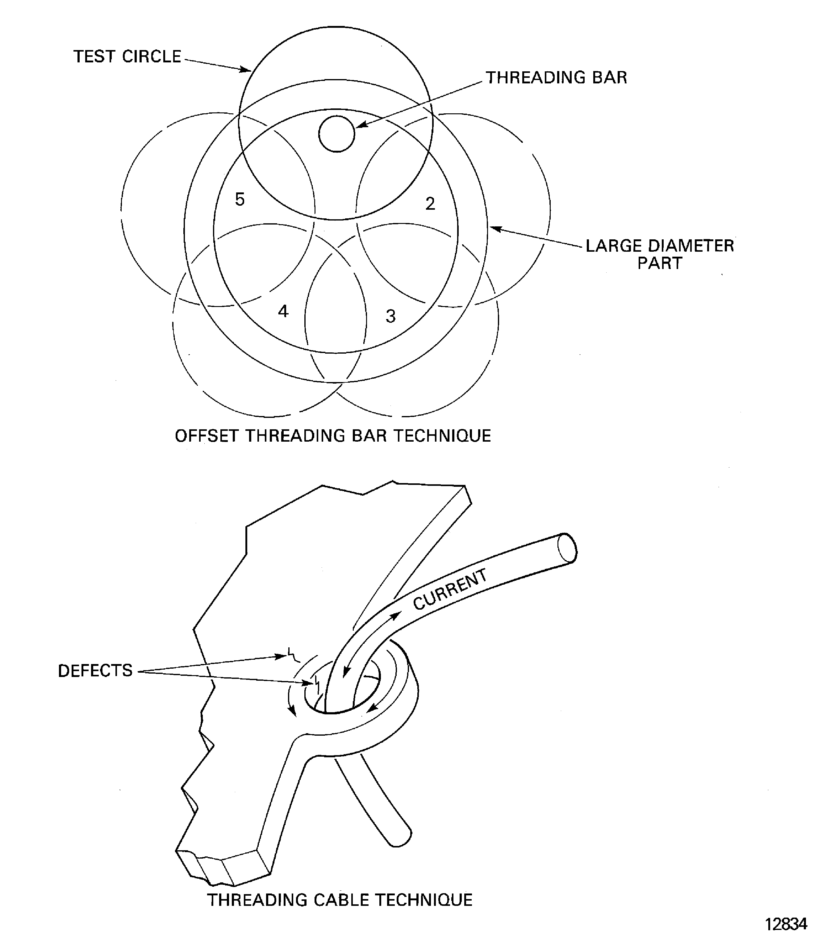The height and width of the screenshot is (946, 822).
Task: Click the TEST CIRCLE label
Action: tap(127, 57)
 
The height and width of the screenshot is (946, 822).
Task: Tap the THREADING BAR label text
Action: tap(556, 78)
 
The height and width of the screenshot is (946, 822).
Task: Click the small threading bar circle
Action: tap(337, 133)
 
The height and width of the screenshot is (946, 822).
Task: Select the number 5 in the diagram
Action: tap(240, 199)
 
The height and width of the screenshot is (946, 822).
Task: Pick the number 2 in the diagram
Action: tap(430, 203)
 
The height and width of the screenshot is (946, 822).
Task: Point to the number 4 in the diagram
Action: tap(283, 311)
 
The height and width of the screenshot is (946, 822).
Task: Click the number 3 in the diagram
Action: tap(390, 316)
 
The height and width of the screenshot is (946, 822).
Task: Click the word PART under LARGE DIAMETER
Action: tap(660, 263)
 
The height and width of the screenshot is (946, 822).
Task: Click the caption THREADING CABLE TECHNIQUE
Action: tap(340, 900)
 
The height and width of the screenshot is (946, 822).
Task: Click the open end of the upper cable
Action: tap(567, 548)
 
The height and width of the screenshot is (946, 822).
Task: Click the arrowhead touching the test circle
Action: tap(245, 70)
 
